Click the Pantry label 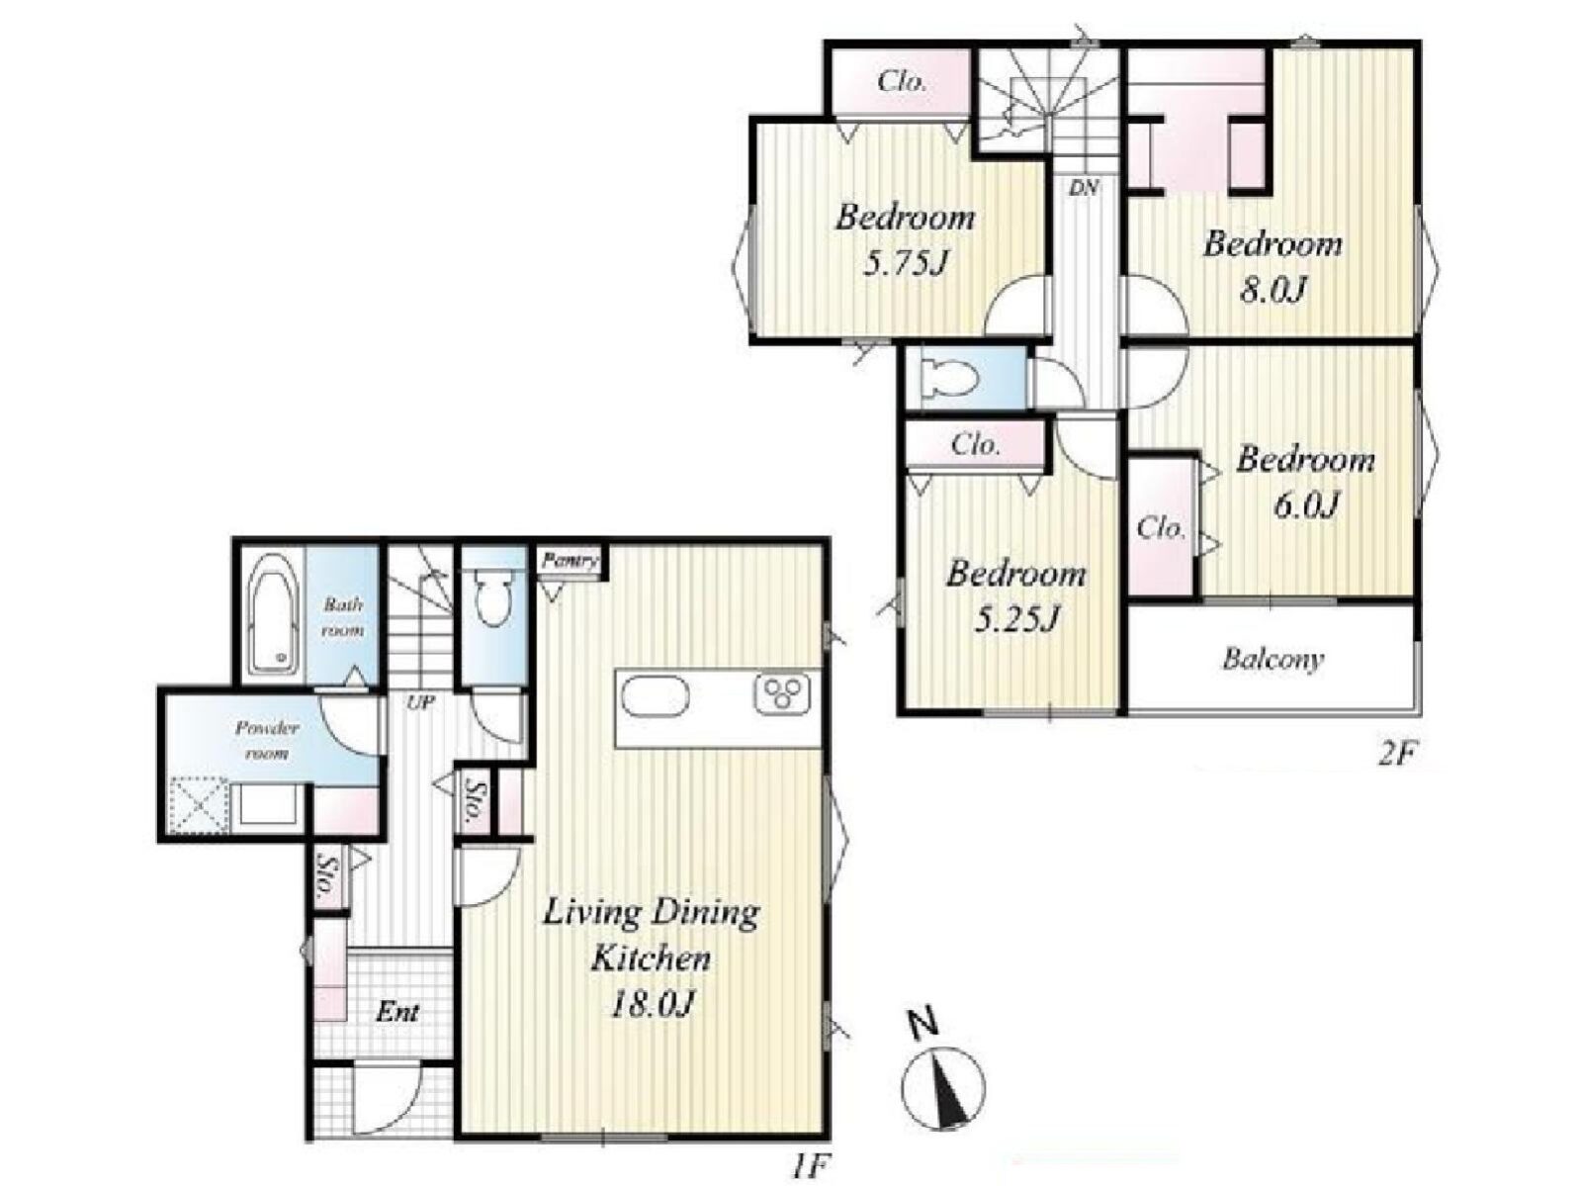click(x=571, y=560)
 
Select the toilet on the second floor click(x=949, y=377)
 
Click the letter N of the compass click(x=922, y=1025)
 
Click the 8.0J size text click(x=1273, y=291)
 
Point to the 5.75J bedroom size click(x=904, y=264)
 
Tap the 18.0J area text click(x=652, y=1004)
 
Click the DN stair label click(x=1084, y=189)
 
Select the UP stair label click(x=420, y=701)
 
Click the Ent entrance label click(x=397, y=1012)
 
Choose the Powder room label click(x=267, y=740)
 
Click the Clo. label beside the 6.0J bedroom click(x=1161, y=528)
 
